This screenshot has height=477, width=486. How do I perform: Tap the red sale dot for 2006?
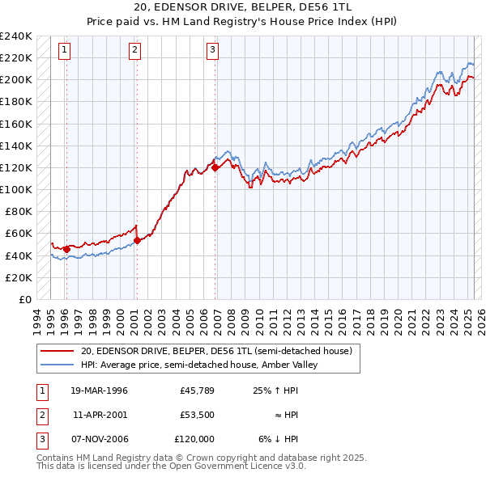(215, 167)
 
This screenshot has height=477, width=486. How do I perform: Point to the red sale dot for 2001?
(137, 240)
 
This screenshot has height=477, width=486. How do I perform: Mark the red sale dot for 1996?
(66, 249)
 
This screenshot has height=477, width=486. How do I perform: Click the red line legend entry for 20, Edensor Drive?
(216, 352)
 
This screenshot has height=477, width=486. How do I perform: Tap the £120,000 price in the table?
(194, 439)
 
